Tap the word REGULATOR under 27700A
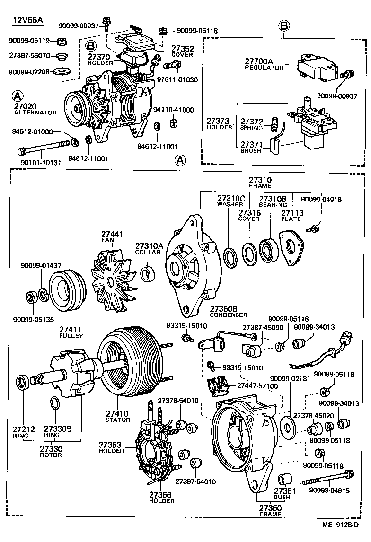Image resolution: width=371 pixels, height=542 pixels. [264, 68]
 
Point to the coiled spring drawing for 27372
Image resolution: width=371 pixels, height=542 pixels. [273, 124]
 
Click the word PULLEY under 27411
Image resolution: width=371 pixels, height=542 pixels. [71, 335]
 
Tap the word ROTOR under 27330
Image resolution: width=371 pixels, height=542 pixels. [51, 455]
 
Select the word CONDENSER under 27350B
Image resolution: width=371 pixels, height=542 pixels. [229, 315]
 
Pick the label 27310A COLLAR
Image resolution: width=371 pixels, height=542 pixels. [149, 249]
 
